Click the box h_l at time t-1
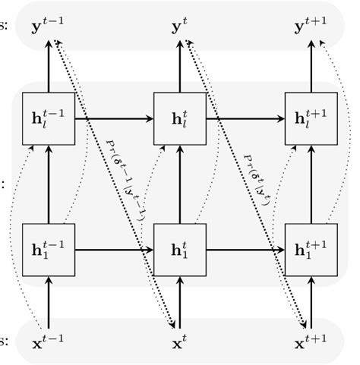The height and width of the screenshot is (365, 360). [49, 118]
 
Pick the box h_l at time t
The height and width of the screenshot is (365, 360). [179, 118]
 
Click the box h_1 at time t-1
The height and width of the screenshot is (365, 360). [49, 248]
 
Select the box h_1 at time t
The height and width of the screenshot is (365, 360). [179, 248]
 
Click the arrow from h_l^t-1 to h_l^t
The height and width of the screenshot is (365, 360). [114, 118]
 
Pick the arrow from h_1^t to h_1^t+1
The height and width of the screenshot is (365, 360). [244, 248]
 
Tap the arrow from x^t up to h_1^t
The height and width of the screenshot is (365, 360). [179, 298]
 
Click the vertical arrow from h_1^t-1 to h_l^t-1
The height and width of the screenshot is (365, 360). [49, 183]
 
